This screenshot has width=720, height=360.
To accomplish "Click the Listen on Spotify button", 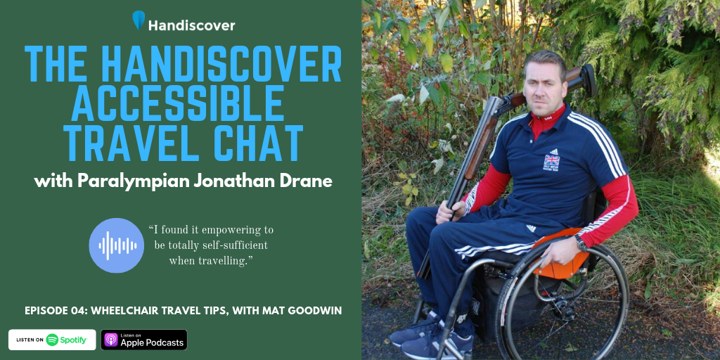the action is click(52, 340).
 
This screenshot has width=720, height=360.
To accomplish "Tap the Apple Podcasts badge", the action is click(143, 340).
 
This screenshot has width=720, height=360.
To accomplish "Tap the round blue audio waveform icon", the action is click(117, 245).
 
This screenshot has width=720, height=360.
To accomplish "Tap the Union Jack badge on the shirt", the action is click(551, 161).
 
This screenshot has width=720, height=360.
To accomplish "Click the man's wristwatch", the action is click(581, 243).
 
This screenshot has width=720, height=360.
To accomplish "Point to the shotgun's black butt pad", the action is click(589, 80).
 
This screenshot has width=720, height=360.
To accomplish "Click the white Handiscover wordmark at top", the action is click(191, 25).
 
